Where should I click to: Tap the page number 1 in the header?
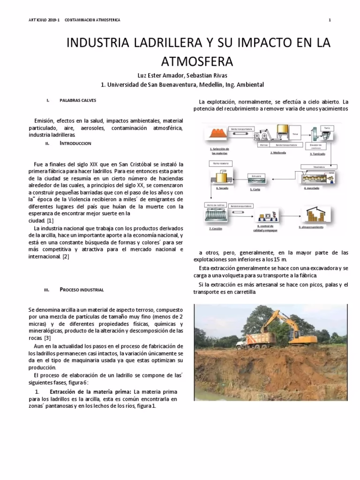[x=330, y=20]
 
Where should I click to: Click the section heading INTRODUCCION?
[x=75, y=143]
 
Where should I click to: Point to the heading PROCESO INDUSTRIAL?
[x=82, y=290]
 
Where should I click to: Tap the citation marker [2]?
[x=66, y=256]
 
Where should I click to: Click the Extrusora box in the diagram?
[x=256, y=176]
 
